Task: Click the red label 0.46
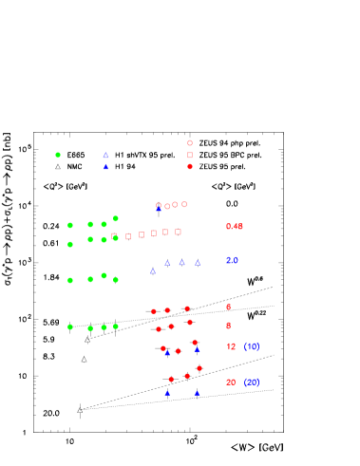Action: coord(235,227)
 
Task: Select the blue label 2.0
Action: coord(232,260)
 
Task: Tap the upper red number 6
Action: coord(228,308)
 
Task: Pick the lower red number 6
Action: coord(228,326)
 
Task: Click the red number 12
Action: coord(231,347)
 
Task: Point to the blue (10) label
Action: coord(252,347)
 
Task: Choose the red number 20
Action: coord(231,382)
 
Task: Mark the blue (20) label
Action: coord(252,382)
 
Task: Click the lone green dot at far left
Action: coord(58,155)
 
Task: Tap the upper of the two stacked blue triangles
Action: coord(105,155)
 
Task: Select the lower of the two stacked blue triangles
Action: coord(105,167)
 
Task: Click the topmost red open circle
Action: coord(190,142)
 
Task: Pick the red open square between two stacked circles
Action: coord(190,155)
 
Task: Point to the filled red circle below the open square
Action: coord(190,166)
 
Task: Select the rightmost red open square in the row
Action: coord(178,232)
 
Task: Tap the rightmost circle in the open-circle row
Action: coord(184,204)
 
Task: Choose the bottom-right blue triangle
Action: coord(197,393)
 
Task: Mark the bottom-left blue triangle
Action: coord(167,393)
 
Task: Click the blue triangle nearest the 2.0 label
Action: coord(198,263)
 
